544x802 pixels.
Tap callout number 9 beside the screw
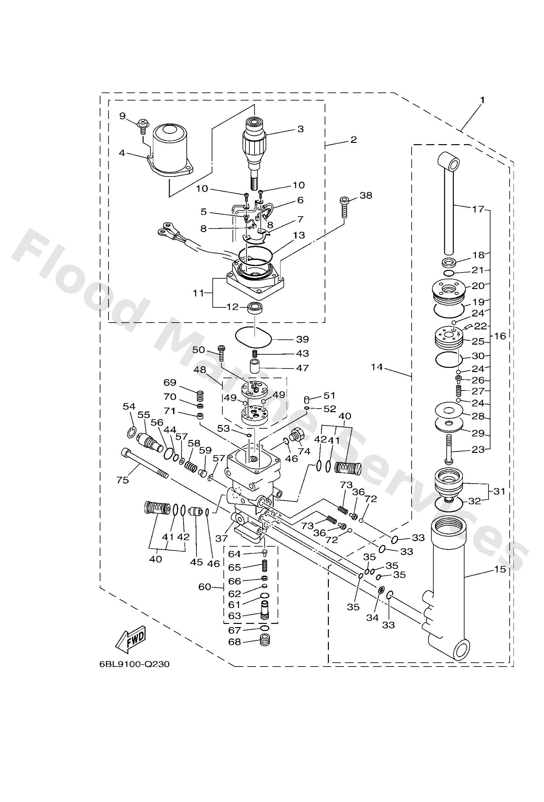(122, 116)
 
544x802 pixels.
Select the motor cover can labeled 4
(169, 148)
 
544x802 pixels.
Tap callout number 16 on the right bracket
(500, 336)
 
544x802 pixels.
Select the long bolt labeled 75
(145, 463)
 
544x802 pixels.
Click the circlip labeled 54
(131, 432)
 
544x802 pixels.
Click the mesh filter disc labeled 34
(381, 590)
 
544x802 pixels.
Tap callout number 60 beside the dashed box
(204, 586)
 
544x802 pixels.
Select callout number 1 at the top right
(483, 100)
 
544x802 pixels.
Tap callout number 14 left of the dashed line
(377, 367)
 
